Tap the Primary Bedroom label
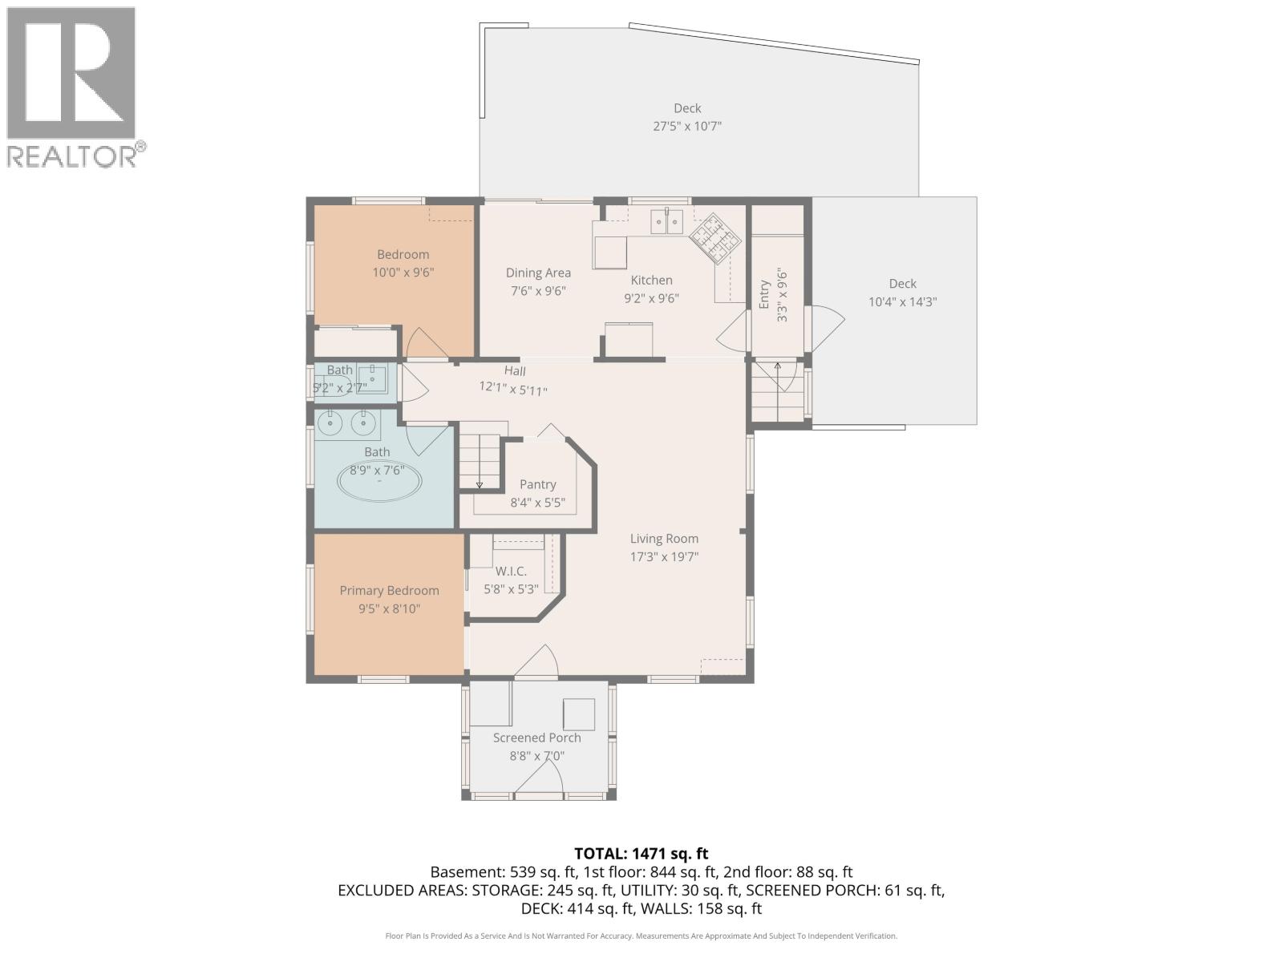(389, 591)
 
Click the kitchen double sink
(666, 220)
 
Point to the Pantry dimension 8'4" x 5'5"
(537, 503)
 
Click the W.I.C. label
(511, 571)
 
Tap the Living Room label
(664, 539)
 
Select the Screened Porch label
(536, 738)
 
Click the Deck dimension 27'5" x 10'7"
(687, 126)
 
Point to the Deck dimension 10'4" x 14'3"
(902, 302)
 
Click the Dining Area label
(538, 273)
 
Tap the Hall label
(515, 370)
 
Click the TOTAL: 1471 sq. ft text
(641, 854)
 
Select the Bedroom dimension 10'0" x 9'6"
(403, 273)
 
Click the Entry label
(764, 294)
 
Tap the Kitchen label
(651, 280)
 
